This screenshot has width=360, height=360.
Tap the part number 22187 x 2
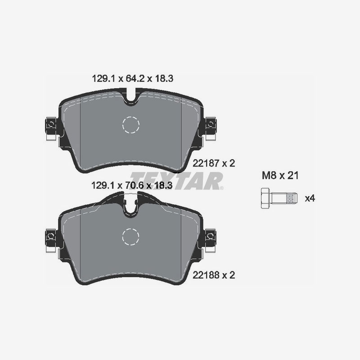pos(214,163)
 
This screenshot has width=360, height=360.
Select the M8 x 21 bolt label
pos(280,175)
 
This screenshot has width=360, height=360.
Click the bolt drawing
pos(279,198)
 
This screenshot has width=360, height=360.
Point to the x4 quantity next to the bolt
pos(310,198)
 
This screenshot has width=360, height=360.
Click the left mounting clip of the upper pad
pos(50,125)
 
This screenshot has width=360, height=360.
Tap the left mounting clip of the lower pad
pos(50,236)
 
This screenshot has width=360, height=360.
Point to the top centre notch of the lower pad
pos(131,205)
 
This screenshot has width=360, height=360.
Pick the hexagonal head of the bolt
pos(265,198)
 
